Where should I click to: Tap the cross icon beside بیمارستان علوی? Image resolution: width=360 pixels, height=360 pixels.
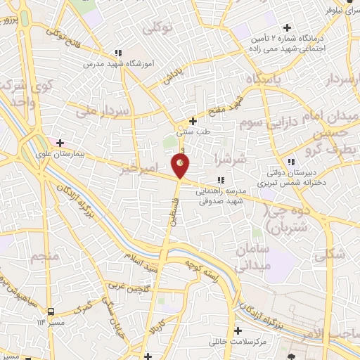click(60, 143)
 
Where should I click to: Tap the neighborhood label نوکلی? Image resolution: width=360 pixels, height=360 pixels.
click(157, 28)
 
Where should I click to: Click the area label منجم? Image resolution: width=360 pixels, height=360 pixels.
click(45, 257)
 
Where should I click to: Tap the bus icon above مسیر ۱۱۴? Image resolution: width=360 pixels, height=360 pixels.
click(51, 310)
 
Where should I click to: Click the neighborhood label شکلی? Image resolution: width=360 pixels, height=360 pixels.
click(336, 256)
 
